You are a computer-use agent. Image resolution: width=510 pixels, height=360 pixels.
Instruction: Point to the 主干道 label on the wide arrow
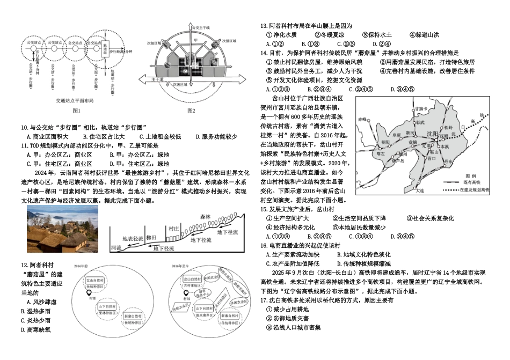pos(157,79)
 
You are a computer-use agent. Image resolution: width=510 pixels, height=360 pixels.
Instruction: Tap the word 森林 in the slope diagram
pos(206,216)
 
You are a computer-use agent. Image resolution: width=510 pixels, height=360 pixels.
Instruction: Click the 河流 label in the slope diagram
pos(116,248)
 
